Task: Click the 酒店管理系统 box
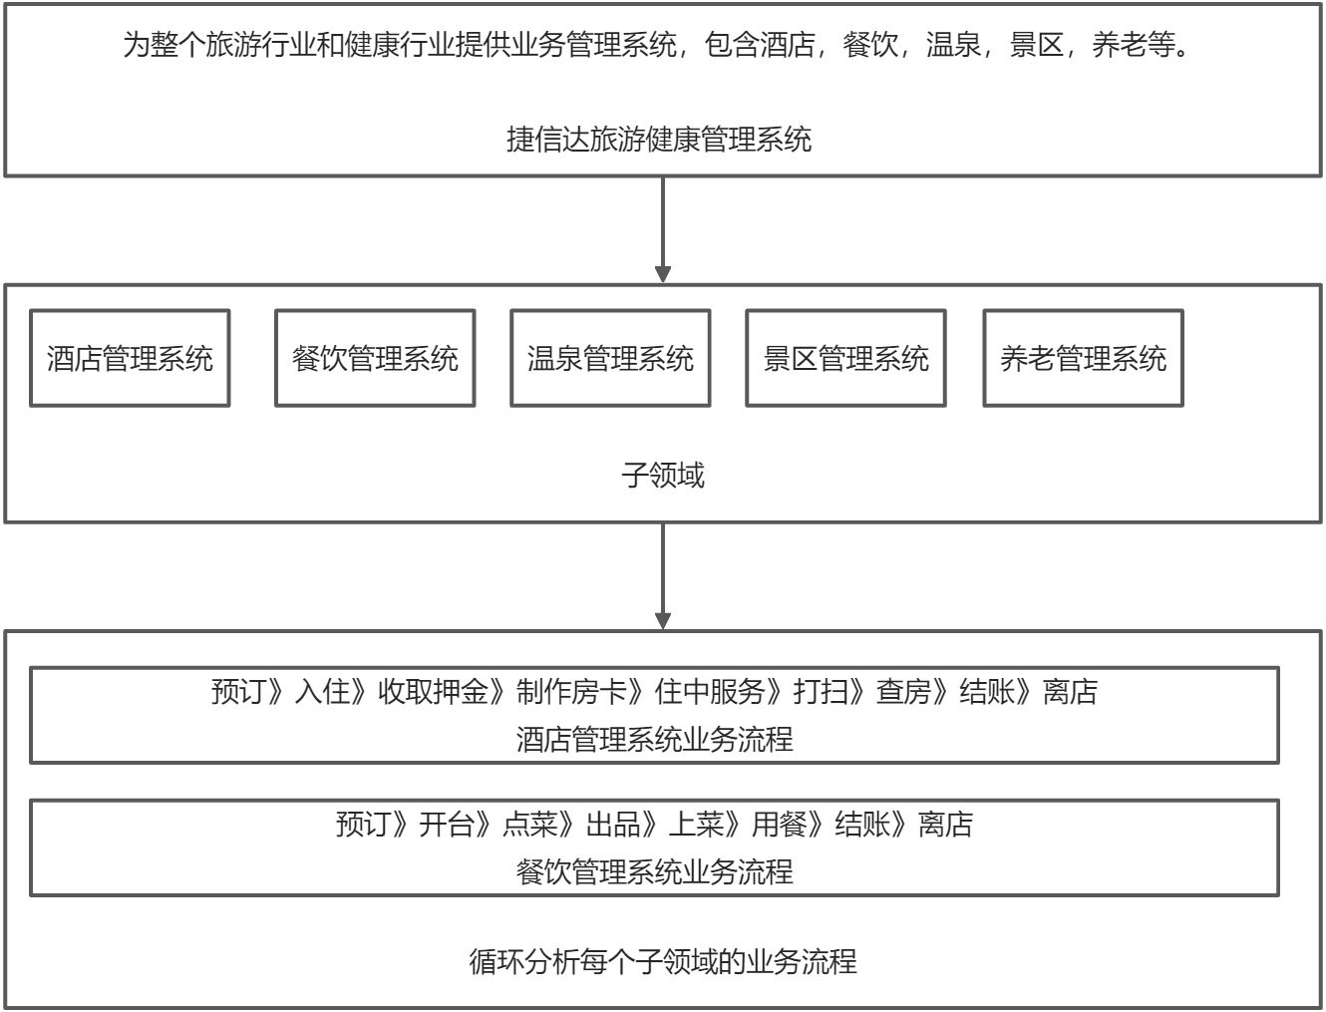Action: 130,358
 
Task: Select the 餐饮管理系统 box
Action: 375,358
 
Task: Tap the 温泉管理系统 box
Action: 610,358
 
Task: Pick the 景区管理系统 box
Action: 845,358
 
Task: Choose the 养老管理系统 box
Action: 1083,358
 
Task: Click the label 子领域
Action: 663,475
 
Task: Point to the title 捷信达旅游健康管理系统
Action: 659,139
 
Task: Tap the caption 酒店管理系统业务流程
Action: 655,739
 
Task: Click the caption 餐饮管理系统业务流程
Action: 655,871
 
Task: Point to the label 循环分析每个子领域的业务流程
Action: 663,961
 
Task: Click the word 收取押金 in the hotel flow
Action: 433,691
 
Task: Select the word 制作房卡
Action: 571,691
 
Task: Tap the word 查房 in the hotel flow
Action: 903,691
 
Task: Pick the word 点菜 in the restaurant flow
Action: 529,825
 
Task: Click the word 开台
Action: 446,825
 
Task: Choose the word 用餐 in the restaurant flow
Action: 779,825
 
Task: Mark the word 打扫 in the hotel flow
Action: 821,691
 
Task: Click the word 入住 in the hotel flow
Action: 322,691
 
